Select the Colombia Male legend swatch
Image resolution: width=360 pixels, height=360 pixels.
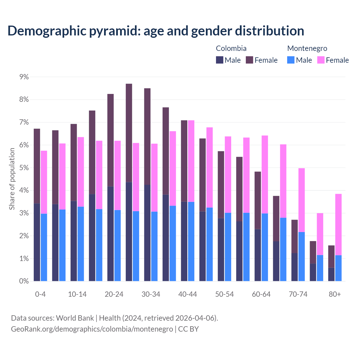click(x=220, y=60)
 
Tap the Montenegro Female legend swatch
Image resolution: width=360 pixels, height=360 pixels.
click(x=321, y=60)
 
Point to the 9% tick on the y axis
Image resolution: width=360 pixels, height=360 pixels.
click(x=24, y=77)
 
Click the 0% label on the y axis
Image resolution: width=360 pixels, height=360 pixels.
click(x=24, y=281)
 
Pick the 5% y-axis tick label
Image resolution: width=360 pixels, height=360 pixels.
click(x=24, y=168)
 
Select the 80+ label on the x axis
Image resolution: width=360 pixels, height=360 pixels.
click(x=335, y=294)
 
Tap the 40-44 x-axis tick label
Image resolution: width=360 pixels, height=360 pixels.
click(x=188, y=294)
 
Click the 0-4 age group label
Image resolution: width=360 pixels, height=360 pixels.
click(x=40, y=294)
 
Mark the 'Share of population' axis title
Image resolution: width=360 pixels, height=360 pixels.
click(x=12, y=179)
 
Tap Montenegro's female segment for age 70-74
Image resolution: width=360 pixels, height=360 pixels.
click(x=301, y=200)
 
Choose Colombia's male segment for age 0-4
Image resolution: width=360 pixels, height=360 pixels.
click(x=37, y=242)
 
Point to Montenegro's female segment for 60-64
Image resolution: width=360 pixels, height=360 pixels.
click(x=265, y=174)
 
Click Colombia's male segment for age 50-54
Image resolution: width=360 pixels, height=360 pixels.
click(x=221, y=249)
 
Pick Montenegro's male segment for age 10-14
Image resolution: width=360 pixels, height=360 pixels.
click(x=81, y=244)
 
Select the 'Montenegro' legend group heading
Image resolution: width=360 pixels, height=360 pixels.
click(x=307, y=48)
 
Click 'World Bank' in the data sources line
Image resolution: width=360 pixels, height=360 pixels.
click(x=75, y=318)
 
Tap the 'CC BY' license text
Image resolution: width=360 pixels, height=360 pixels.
click(x=188, y=329)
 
